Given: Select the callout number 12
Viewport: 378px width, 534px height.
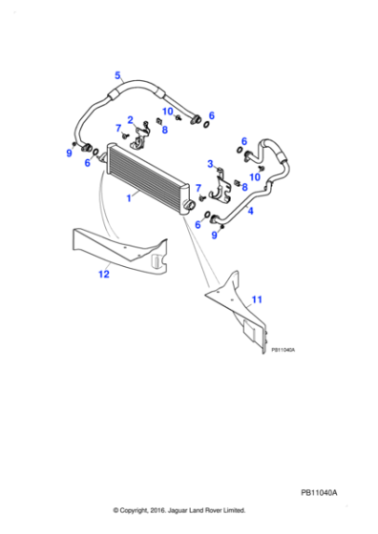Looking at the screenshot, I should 104,275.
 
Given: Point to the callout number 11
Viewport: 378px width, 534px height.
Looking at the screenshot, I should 256,300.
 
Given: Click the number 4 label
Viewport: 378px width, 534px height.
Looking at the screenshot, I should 250,211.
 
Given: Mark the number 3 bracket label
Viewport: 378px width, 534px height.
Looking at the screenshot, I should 210,164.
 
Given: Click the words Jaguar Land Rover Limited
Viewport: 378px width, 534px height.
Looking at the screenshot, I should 208,509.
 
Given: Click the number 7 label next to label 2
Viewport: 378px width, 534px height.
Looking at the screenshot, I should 117,128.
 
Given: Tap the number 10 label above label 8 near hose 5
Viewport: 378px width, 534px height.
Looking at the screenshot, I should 166,111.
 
